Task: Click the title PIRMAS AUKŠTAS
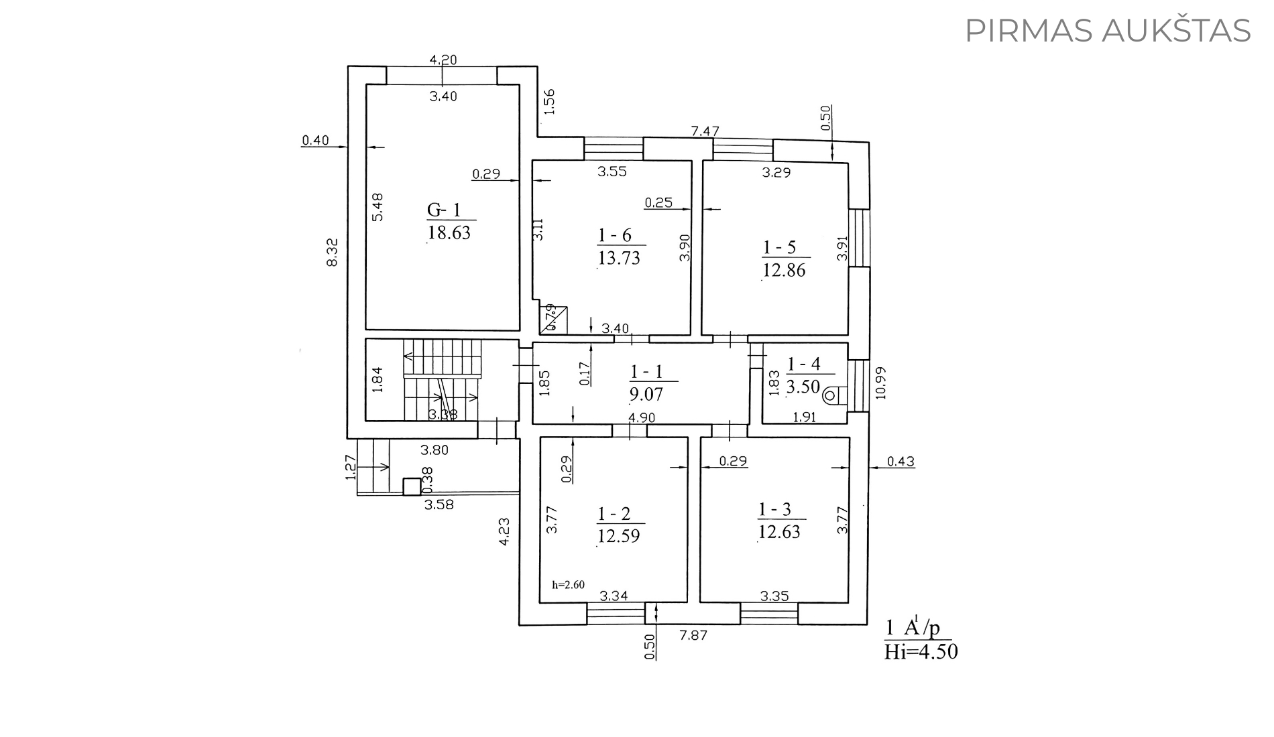[1108, 31]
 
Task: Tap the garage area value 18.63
[449, 232]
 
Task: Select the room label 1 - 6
[614, 235]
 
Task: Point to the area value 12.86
[784, 270]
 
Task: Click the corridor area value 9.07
[646, 393]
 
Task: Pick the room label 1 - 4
[803, 364]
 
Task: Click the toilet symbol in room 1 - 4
[833, 395]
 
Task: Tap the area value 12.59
[618, 536]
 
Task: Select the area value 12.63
[779, 531]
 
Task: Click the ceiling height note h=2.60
[568, 584]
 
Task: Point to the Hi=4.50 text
[921, 651]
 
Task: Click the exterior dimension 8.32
[331, 253]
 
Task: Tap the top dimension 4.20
[443, 60]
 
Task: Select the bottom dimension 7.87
[693, 635]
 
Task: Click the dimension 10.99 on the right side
[881, 383]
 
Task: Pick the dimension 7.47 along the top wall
[705, 131]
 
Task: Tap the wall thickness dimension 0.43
[901, 461]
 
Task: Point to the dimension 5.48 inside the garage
[378, 207]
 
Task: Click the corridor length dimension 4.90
[641, 417]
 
